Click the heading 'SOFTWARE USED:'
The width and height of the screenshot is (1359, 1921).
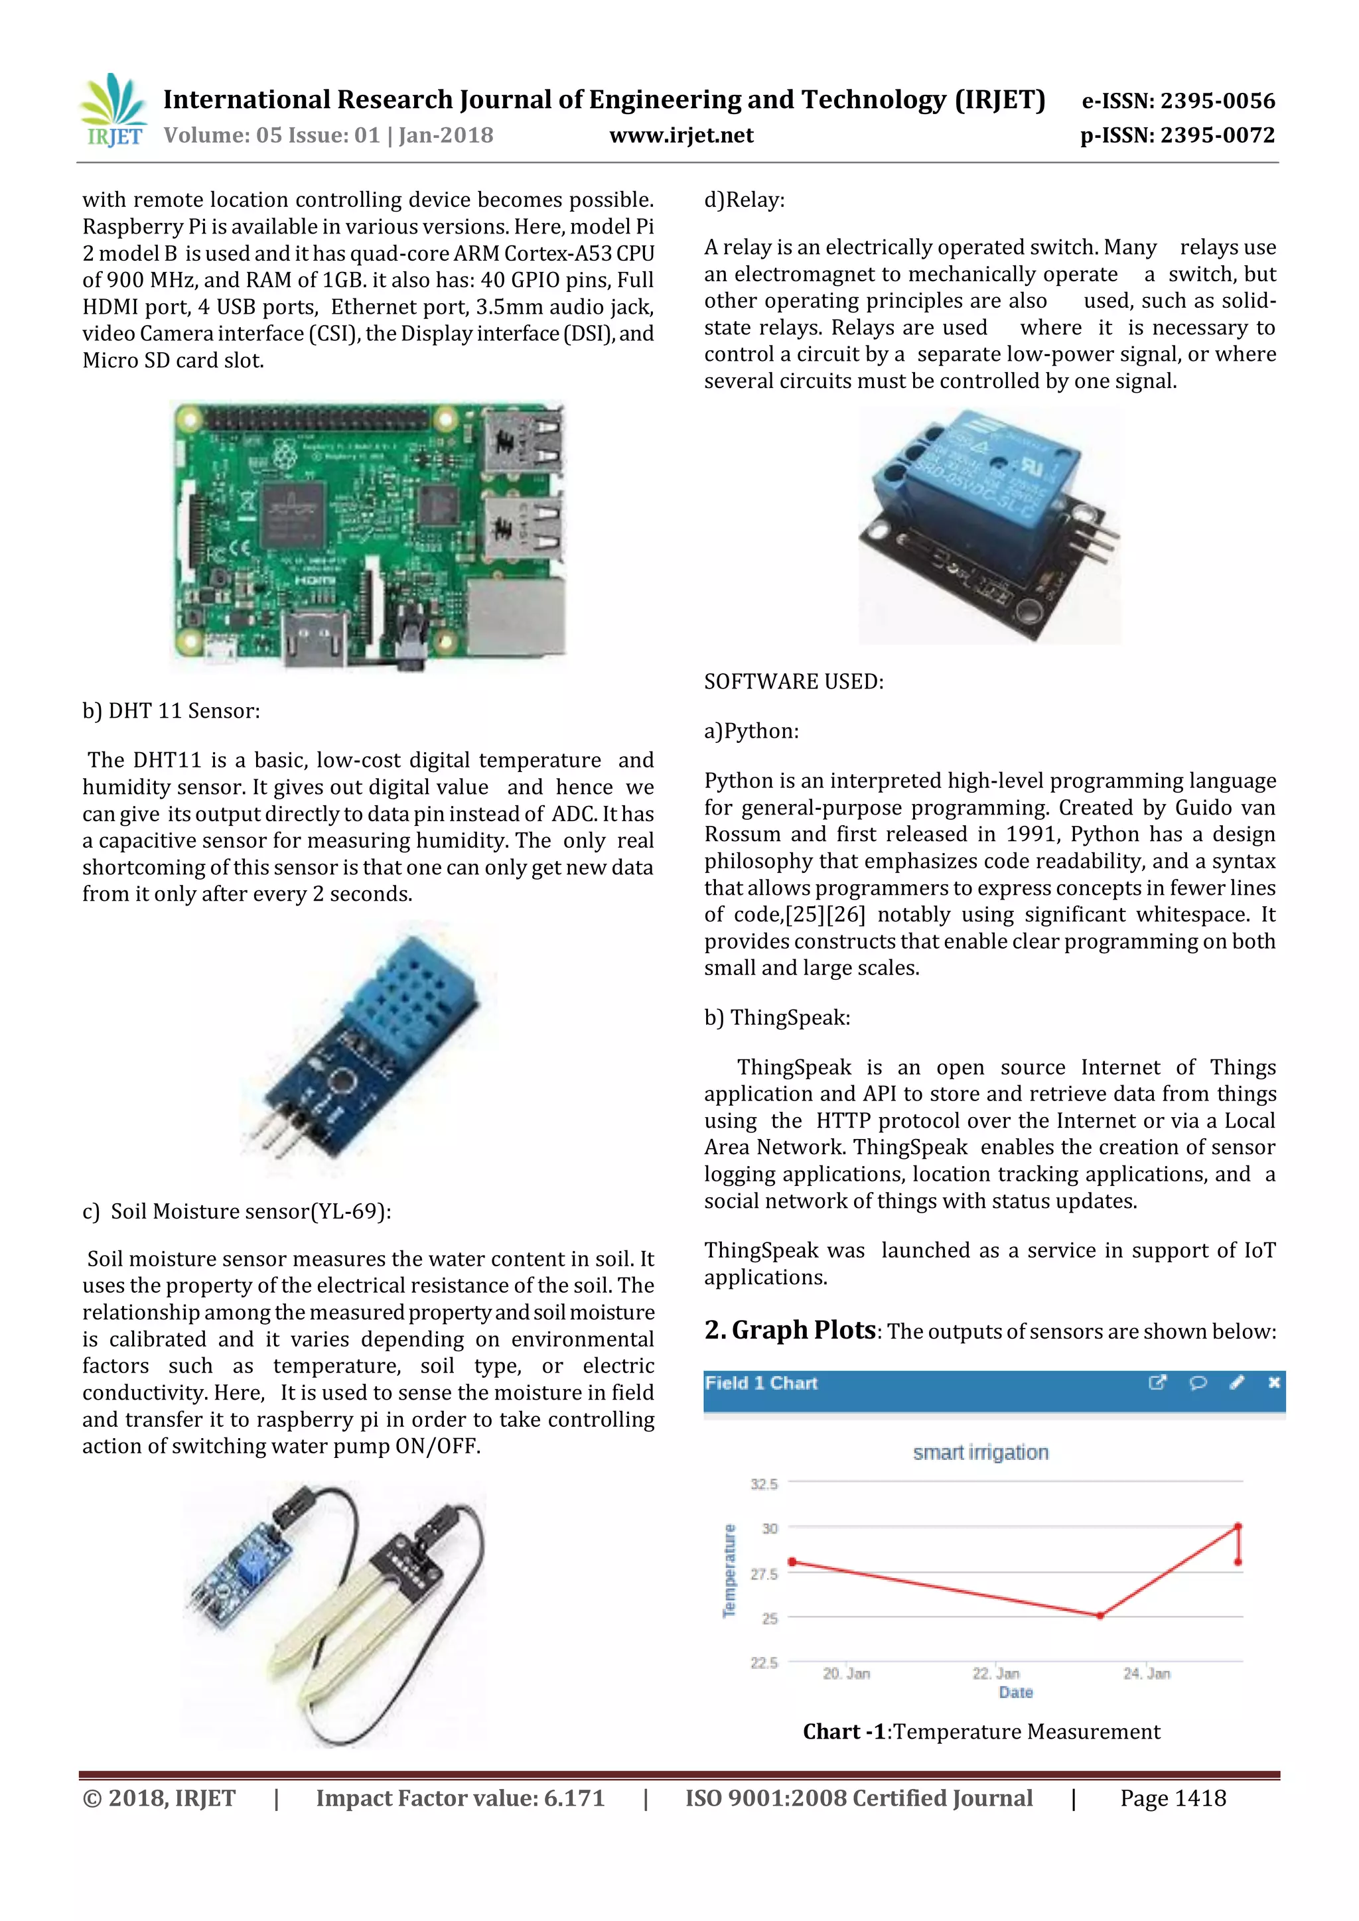(794, 682)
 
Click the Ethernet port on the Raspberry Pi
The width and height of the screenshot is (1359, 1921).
(516, 617)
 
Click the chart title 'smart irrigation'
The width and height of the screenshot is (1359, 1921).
(980, 1453)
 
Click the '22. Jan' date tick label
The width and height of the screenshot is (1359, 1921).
(996, 1674)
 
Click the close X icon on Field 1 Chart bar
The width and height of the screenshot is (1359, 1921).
(1273, 1383)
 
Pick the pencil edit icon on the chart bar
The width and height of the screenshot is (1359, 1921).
(1237, 1383)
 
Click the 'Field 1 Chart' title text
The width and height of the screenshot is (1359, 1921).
(760, 1383)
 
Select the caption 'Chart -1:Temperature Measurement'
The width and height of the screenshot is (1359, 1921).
(981, 1731)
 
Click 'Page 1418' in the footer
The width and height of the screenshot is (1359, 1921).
(1173, 1798)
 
